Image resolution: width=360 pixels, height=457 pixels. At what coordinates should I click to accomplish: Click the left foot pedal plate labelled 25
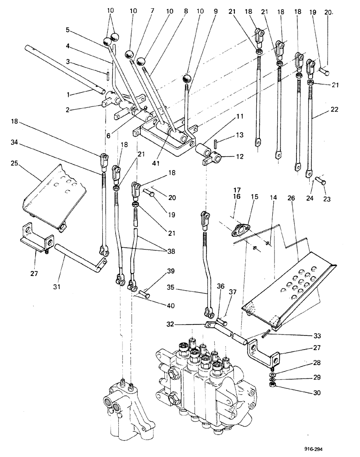click(55, 194)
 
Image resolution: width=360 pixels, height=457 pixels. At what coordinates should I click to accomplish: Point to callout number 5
click(68, 31)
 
